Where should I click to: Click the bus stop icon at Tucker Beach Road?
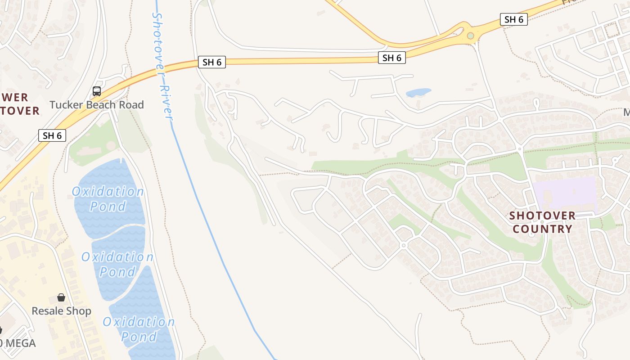pyautogui.click(x=96, y=91)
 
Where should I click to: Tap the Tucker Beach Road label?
pyautogui.click(x=96, y=105)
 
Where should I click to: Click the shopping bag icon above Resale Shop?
pyautogui.click(x=61, y=297)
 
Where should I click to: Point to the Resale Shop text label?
pyautogui.click(x=61, y=311)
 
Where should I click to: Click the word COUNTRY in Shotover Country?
pyautogui.click(x=542, y=229)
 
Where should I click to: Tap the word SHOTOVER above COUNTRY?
pyautogui.click(x=542, y=216)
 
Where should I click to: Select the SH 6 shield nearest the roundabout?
pyautogui.click(x=513, y=19)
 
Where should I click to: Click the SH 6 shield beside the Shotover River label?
pyautogui.click(x=212, y=62)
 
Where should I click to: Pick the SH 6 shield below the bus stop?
pyautogui.click(x=52, y=135)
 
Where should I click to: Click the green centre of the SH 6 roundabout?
pyautogui.click(x=470, y=36)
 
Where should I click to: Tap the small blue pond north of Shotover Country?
pyautogui.click(x=418, y=92)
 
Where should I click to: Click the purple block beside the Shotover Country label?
pyautogui.click(x=565, y=193)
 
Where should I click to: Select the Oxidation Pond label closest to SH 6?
pyautogui.click(x=108, y=198)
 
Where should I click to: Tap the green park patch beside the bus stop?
pyautogui.click(x=94, y=142)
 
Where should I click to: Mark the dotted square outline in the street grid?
pyautogui.click(x=612, y=30)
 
